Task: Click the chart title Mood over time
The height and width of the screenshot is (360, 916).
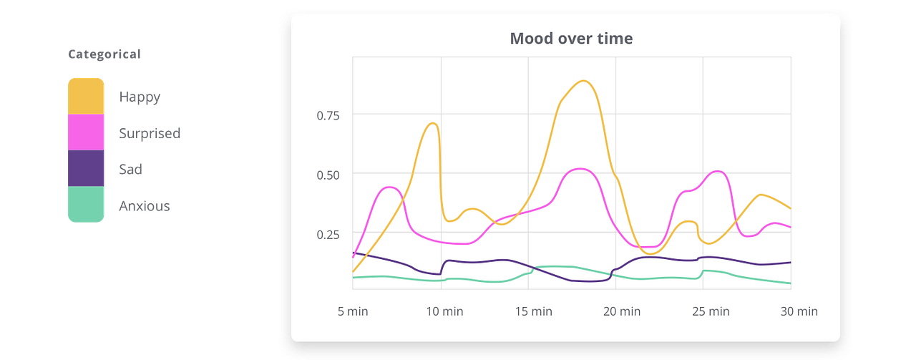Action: [x=571, y=39]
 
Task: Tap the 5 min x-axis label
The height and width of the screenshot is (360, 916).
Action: [x=353, y=311]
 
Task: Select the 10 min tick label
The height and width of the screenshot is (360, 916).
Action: [x=444, y=311]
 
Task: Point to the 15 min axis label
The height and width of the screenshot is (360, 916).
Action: [x=533, y=311]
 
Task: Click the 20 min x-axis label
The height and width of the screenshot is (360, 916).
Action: [x=622, y=311]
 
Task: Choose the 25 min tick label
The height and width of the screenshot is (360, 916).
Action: [x=711, y=311]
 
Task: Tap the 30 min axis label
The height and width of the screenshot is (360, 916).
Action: [x=799, y=311]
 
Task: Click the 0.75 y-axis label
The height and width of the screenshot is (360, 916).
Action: [x=328, y=115]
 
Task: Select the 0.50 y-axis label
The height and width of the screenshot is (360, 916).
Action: [x=328, y=175]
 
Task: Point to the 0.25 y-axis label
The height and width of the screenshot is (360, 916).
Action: [x=328, y=234]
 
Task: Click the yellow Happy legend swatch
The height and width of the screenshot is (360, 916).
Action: [x=87, y=96]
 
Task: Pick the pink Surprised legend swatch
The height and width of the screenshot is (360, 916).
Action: [x=87, y=132]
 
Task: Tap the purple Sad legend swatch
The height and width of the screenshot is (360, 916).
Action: [x=87, y=169]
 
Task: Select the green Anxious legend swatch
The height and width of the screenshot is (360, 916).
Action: [x=87, y=205]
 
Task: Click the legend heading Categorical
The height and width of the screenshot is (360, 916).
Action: [x=104, y=54]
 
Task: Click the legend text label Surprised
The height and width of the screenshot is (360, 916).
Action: [x=150, y=133]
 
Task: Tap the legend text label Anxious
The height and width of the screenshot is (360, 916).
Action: [x=144, y=206]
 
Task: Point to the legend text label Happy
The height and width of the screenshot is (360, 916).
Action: [x=140, y=97]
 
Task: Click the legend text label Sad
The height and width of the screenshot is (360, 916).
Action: [x=130, y=170]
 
